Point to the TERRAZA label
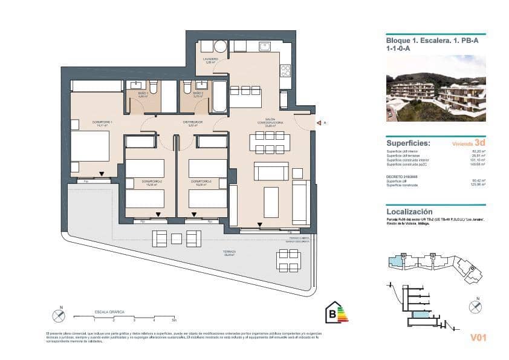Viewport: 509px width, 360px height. [229, 252]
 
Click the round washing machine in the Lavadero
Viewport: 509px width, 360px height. [221, 46]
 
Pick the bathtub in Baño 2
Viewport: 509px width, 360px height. [219, 96]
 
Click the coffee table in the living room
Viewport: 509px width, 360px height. [271, 201]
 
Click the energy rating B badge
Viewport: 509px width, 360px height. [336, 313]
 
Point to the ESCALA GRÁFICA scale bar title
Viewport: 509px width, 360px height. [109, 312]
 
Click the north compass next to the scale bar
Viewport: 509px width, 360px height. [59, 315]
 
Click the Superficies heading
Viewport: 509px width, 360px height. [408, 143]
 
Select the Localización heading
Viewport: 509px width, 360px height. [409, 212]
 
